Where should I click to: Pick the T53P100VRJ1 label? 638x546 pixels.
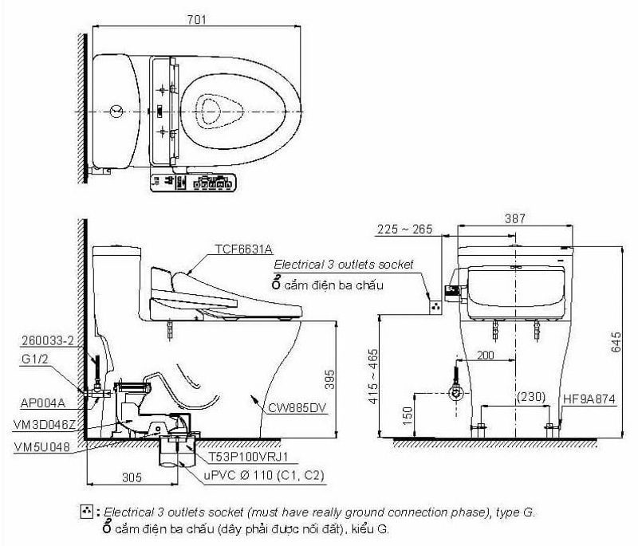249,458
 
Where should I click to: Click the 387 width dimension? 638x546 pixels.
515,217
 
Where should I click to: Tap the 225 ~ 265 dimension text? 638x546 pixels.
405,230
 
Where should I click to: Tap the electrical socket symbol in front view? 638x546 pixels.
435,304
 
